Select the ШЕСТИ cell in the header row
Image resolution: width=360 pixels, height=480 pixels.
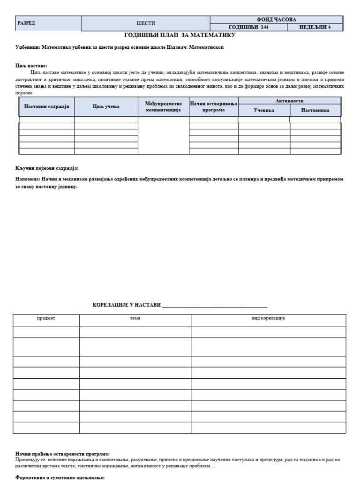[x=146, y=23]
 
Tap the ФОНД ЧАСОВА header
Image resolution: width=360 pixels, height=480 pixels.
[x=277, y=20]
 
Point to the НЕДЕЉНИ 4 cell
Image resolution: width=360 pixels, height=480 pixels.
[x=315, y=27]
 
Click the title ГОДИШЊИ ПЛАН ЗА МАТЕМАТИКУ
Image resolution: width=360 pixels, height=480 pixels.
[x=180, y=35]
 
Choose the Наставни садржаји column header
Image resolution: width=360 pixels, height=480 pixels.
[x=47, y=107]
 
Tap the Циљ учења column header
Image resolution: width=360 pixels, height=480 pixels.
[x=106, y=107]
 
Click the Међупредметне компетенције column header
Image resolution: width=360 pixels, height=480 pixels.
[x=164, y=107]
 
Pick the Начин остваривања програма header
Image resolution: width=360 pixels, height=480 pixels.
[x=214, y=107]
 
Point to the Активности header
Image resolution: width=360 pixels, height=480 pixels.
[x=289, y=101]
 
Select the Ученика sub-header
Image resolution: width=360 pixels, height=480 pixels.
[x=264, y=111]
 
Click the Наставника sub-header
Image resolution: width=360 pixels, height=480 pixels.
[x=315, y=111]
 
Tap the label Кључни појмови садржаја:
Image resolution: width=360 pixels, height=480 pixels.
[x=47, y=168]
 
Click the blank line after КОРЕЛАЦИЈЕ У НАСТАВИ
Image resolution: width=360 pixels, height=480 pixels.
[x=214, y=305]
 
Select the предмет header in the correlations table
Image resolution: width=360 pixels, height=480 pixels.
[x=46, y=318]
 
